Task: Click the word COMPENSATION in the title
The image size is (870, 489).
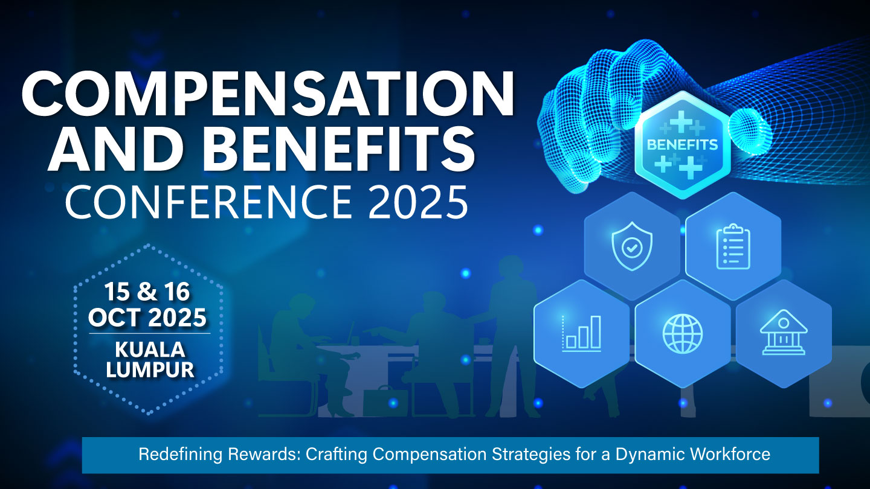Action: pyautogui.click(x=268, y=94)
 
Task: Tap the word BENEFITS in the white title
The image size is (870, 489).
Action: pyautogui.click(x=342, y=149)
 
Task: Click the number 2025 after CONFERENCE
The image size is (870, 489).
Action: pyautogui.click(x=418, y=202)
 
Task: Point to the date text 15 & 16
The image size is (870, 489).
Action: pyautogui.click(x=147, y=292)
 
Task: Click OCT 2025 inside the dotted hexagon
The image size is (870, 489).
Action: pyautogui.click(x=147, y=318)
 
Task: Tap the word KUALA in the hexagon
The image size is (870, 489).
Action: pyautogui.click(x=150, y=350)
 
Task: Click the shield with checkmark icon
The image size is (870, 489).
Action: pyautogui.click(x=632, y=246)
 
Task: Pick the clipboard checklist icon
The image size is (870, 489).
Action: pyautogui.click(x=733, y=246)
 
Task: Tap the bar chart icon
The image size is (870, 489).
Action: pyautogui.click(x=582, y=333)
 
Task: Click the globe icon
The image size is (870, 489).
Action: pyautogui.click(x=683, y=334)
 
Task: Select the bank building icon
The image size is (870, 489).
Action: pyautogui.click(x=784, y=333)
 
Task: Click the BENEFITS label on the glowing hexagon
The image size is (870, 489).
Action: pyautogui.click(x=683, y=145)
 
